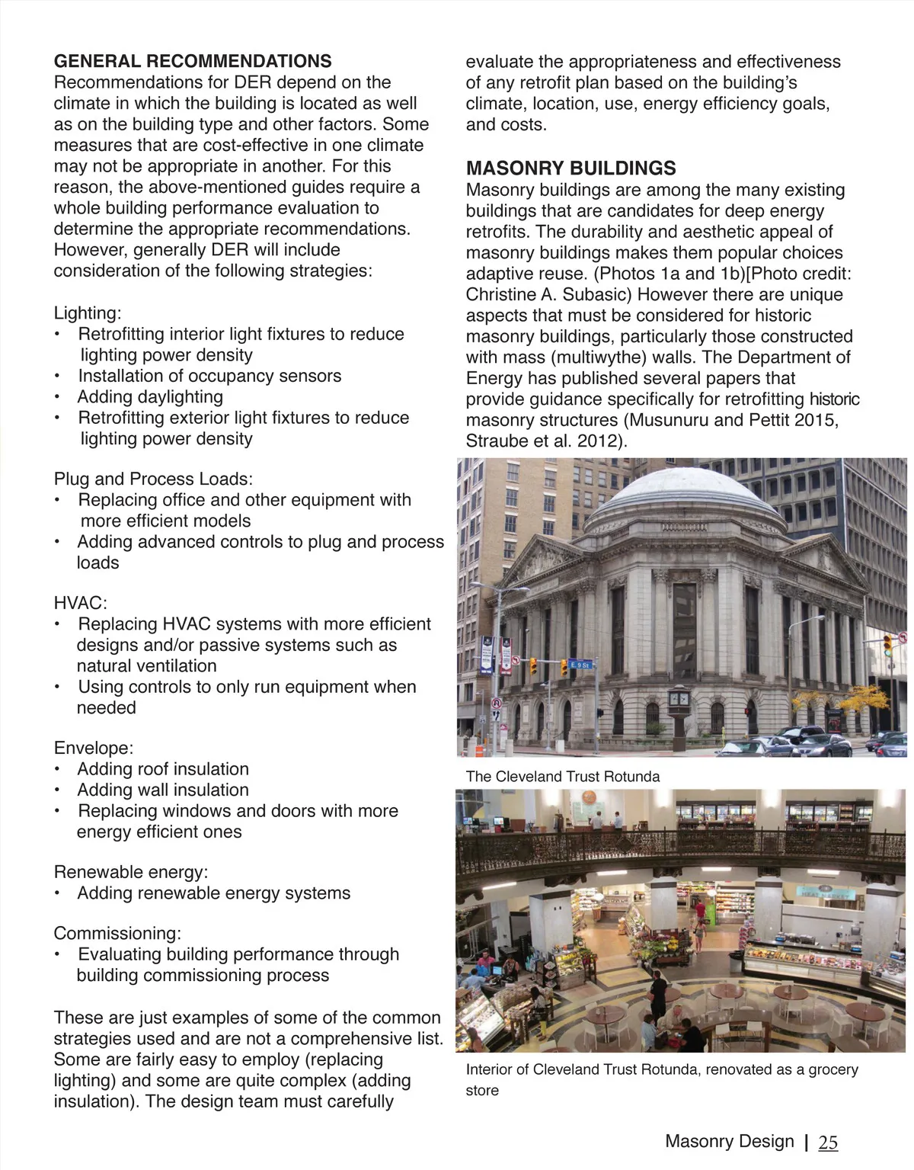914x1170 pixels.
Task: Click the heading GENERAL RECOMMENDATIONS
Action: tap(193, 62)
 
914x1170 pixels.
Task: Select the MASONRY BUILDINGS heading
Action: tap(571, 168)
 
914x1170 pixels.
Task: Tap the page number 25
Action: tap(828, 1142)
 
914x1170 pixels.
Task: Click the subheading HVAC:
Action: tap(80, 603)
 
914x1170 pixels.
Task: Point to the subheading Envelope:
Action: tap(94, 748)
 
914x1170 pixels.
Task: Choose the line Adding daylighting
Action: tap(150, 397)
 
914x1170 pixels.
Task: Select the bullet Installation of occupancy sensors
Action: tap(209, 376)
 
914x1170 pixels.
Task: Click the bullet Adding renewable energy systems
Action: tap(213, 893)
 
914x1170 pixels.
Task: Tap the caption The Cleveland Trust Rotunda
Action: tap(563, 777)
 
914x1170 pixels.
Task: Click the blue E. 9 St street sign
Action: tap(580, 665)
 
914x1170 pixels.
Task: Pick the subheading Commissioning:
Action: tap(117, 934)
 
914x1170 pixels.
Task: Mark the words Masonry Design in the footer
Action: tap(729, 1141)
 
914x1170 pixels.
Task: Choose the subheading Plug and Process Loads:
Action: tap(153, 479)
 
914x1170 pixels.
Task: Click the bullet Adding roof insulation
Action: tap(163, 769)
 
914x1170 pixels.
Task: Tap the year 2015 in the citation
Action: tap(816, 420)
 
